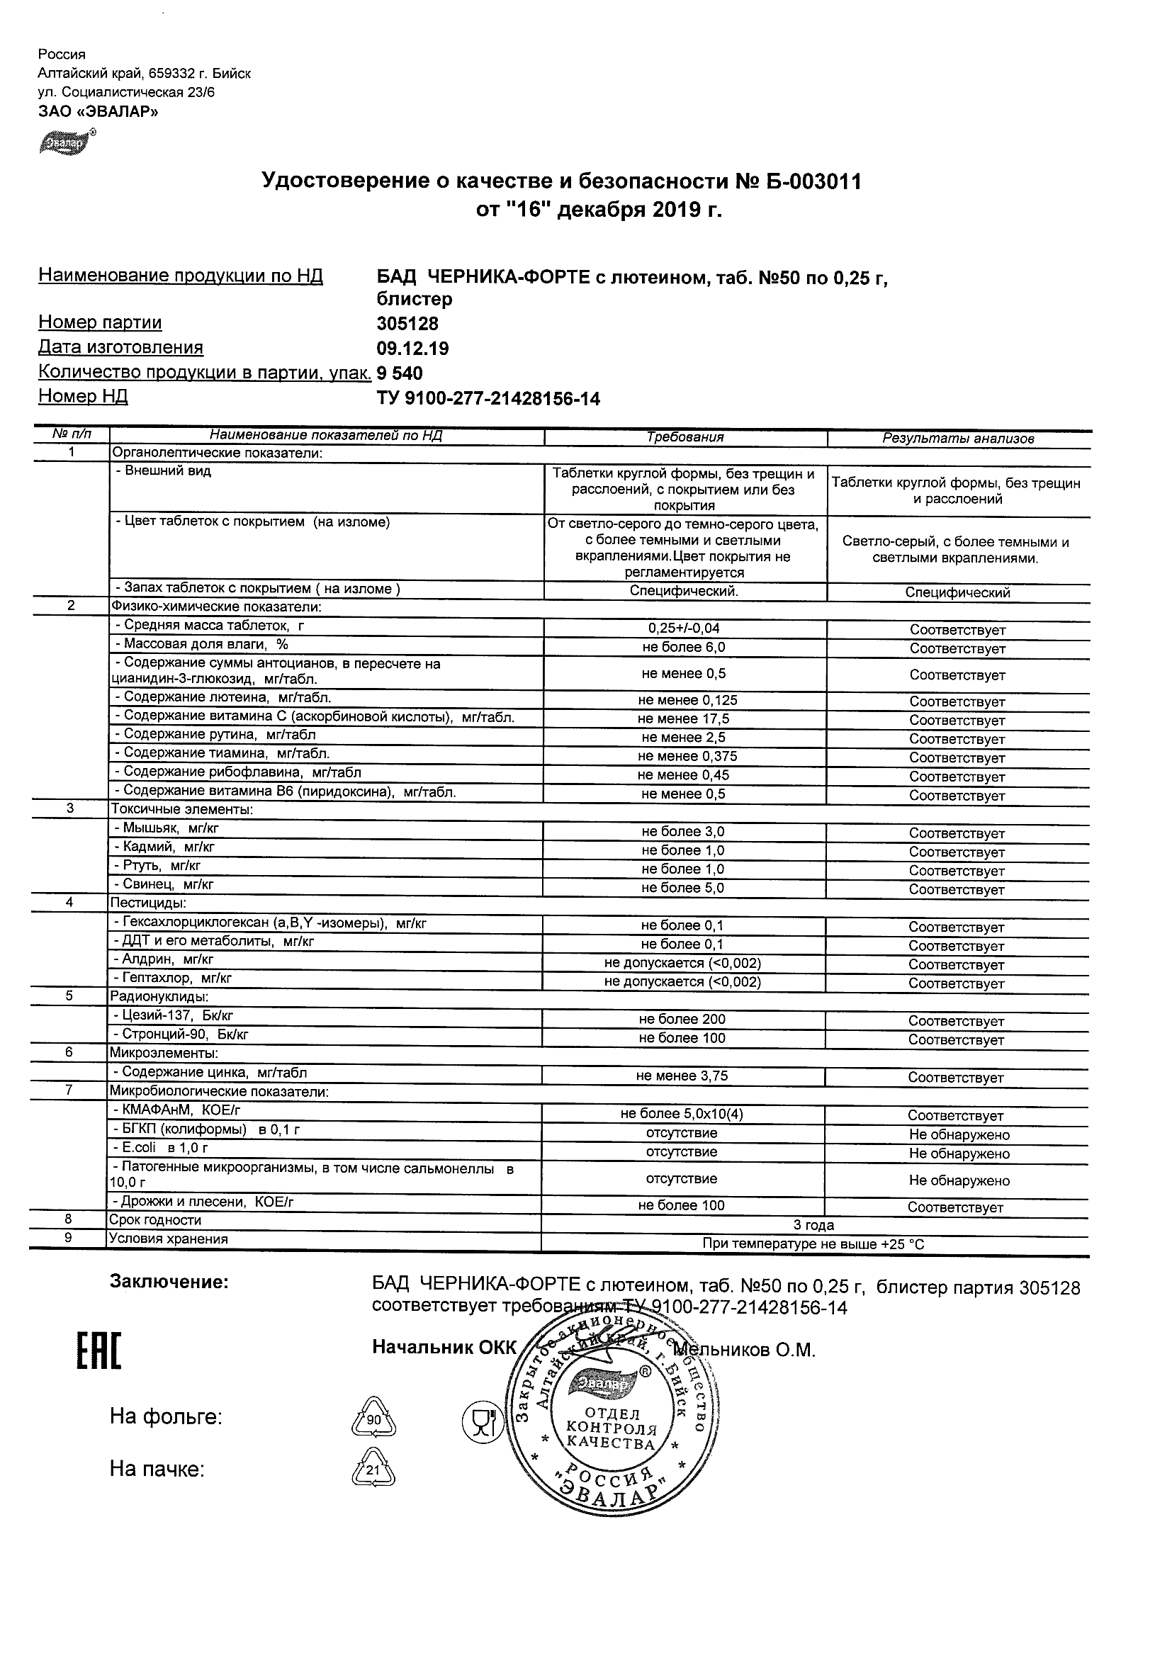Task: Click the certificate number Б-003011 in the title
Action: pos(811,181)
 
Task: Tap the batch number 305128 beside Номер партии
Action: pos(407,324)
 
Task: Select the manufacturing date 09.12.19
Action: pos(412,349)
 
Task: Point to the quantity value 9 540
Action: pos(400,373)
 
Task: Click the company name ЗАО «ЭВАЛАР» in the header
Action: pos(98,111)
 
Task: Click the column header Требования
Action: pos(684,437)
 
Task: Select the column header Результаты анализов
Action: pos(957,439)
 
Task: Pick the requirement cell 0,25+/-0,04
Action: pos(684,628)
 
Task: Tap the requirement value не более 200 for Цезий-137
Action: pos(682,1020)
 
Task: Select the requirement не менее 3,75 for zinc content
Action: pos(682,1076)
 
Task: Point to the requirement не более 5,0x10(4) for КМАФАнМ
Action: pos(682,1114)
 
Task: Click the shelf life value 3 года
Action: pos(813,1225)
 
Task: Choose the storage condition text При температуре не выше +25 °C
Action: pos(813,1244)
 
